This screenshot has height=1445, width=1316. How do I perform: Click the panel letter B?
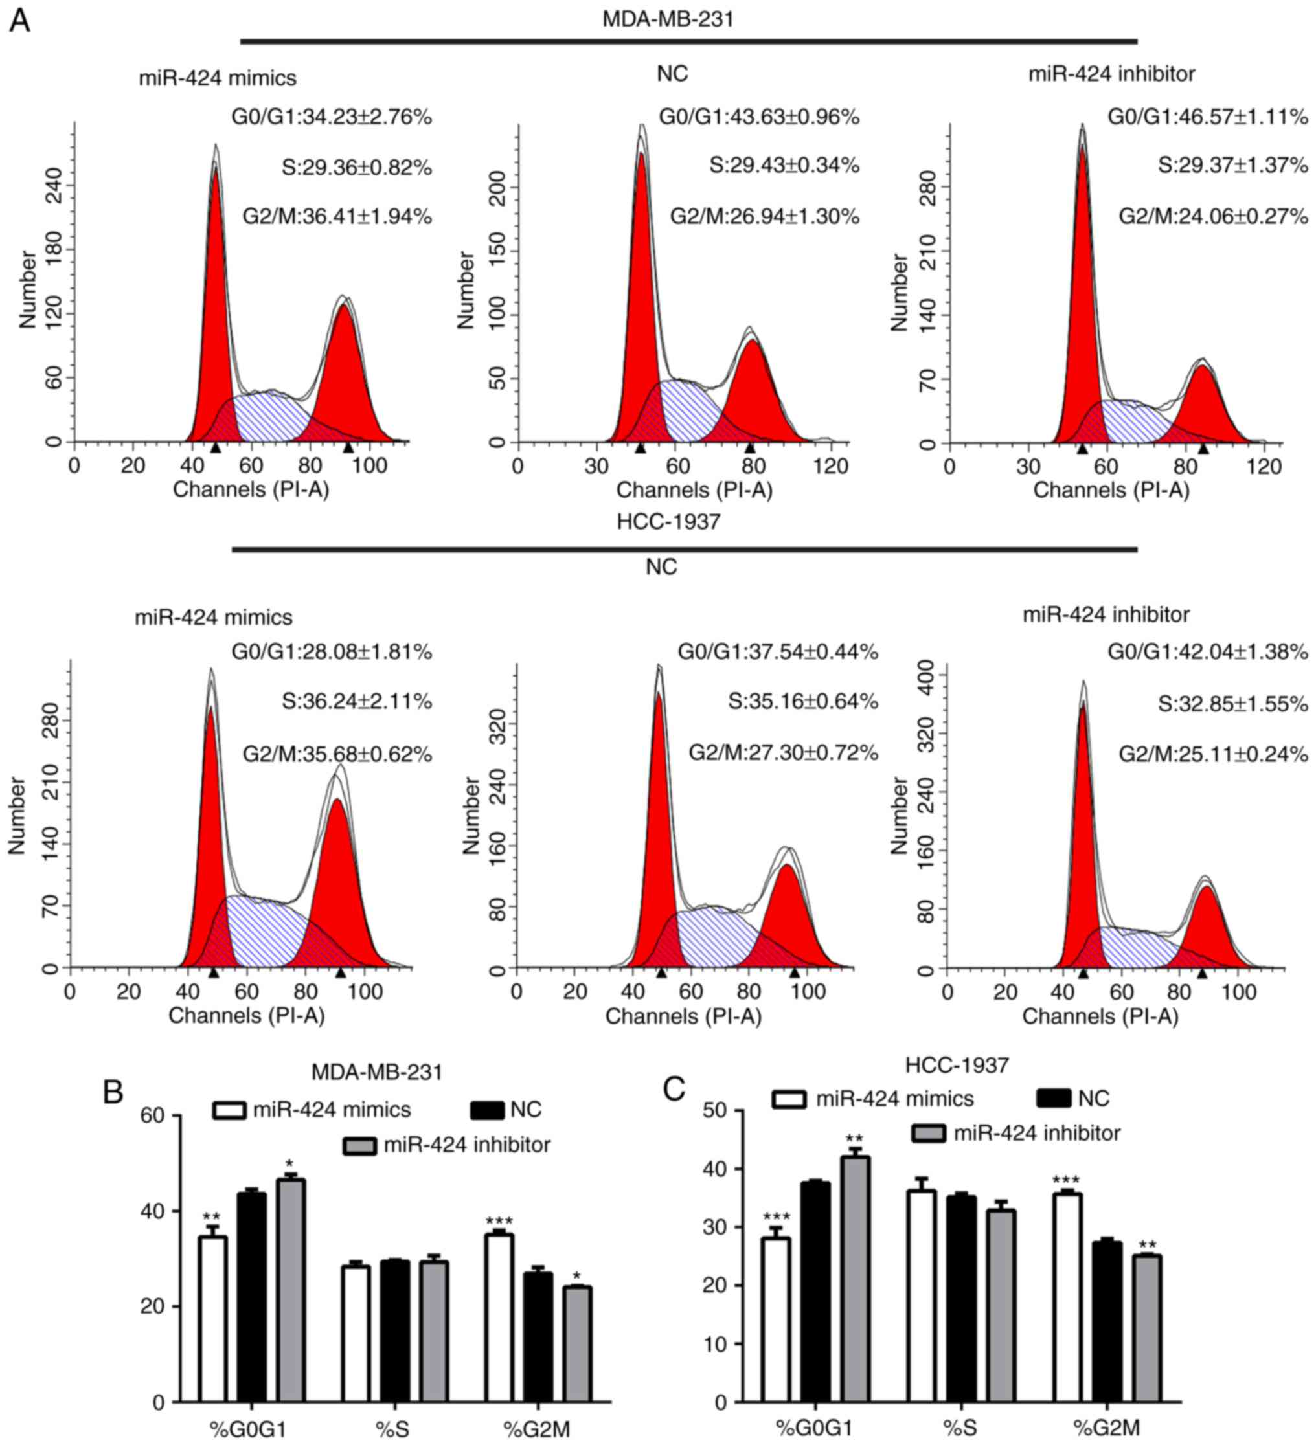pyautogui.click(x=113, y=1092)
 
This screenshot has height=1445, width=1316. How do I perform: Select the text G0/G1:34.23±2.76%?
pyautogui.click(x=332, y=117)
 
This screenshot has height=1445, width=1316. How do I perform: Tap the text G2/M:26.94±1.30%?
pyautogui.click(x=764, y=216)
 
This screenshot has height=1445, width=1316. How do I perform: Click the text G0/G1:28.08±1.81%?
pyautogui.click(x=332, y=653)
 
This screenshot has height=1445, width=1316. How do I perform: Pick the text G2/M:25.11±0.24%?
pyautogui.click(x=1214, y=754)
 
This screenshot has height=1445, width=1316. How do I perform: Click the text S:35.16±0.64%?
pyautogui.click(x=803, y=701)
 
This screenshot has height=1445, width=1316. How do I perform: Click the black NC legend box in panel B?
pyautogui.click(x=487, y=1110)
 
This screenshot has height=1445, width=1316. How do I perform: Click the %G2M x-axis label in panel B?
pyautogui.click(x=537, y=1429)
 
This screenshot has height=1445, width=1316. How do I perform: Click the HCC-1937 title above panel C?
pyautogui.click(x=957, y=1065)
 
